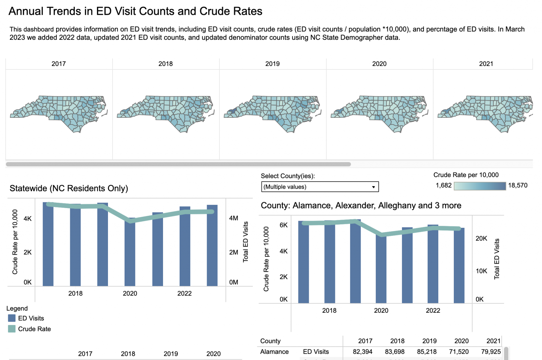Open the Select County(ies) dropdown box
[320, 187]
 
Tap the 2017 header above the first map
[59, 64]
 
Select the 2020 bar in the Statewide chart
[130, 254]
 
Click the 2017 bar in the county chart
[303, 263]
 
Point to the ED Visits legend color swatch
[12, 318]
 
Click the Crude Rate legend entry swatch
[12, 329]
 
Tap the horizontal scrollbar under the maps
[178, 164]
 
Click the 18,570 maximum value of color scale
[517, 185]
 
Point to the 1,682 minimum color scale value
[444, 185]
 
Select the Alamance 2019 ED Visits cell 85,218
[427, 352]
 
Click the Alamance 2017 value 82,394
[362, 352]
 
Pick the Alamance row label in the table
[274, 352]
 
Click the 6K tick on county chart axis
[283, 225]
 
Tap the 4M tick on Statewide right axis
[234, 218]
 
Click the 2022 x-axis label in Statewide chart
[184, 293]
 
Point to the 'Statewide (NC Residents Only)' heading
[69, 188]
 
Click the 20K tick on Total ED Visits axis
[481, 238]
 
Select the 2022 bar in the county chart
[433, 264]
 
